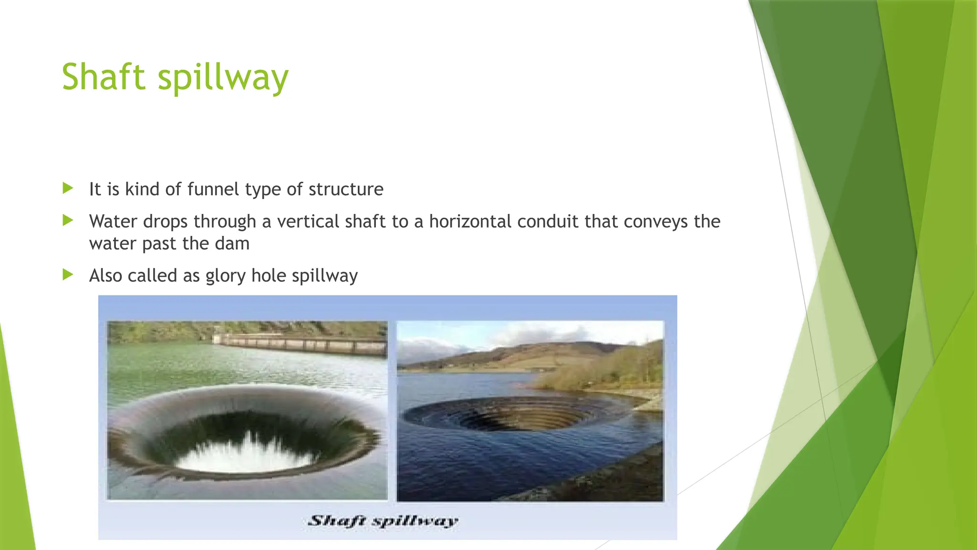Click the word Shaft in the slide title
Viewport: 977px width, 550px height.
(103, 77)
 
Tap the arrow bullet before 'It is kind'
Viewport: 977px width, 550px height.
(68, 188)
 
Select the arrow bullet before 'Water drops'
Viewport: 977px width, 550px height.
(68, 220)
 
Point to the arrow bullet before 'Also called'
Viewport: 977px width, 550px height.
(68, 275)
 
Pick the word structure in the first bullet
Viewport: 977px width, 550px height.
(346, 190)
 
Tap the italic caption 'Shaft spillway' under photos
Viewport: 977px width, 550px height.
(383, 520)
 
